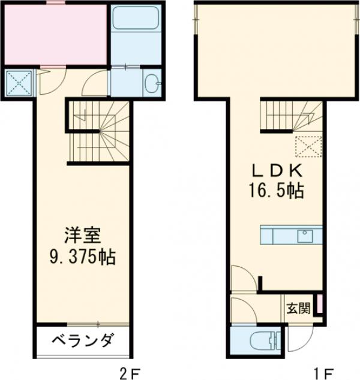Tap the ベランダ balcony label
click(82, 342)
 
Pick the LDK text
click(277, 171)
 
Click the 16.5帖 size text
click(277, 192)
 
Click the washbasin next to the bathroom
click(152, 83)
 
